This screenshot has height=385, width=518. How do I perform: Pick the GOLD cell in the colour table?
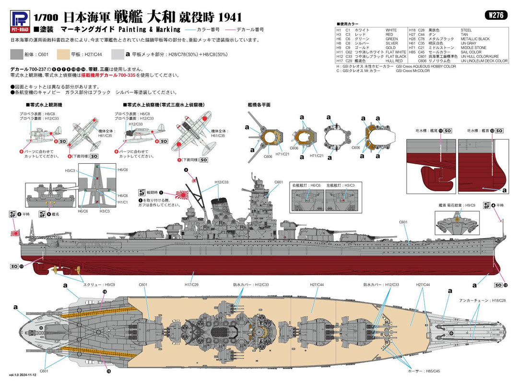click(391, 48)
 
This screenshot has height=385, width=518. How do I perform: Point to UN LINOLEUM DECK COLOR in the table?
click(484, 61)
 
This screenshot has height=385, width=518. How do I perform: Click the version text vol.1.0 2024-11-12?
click(22, 381)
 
